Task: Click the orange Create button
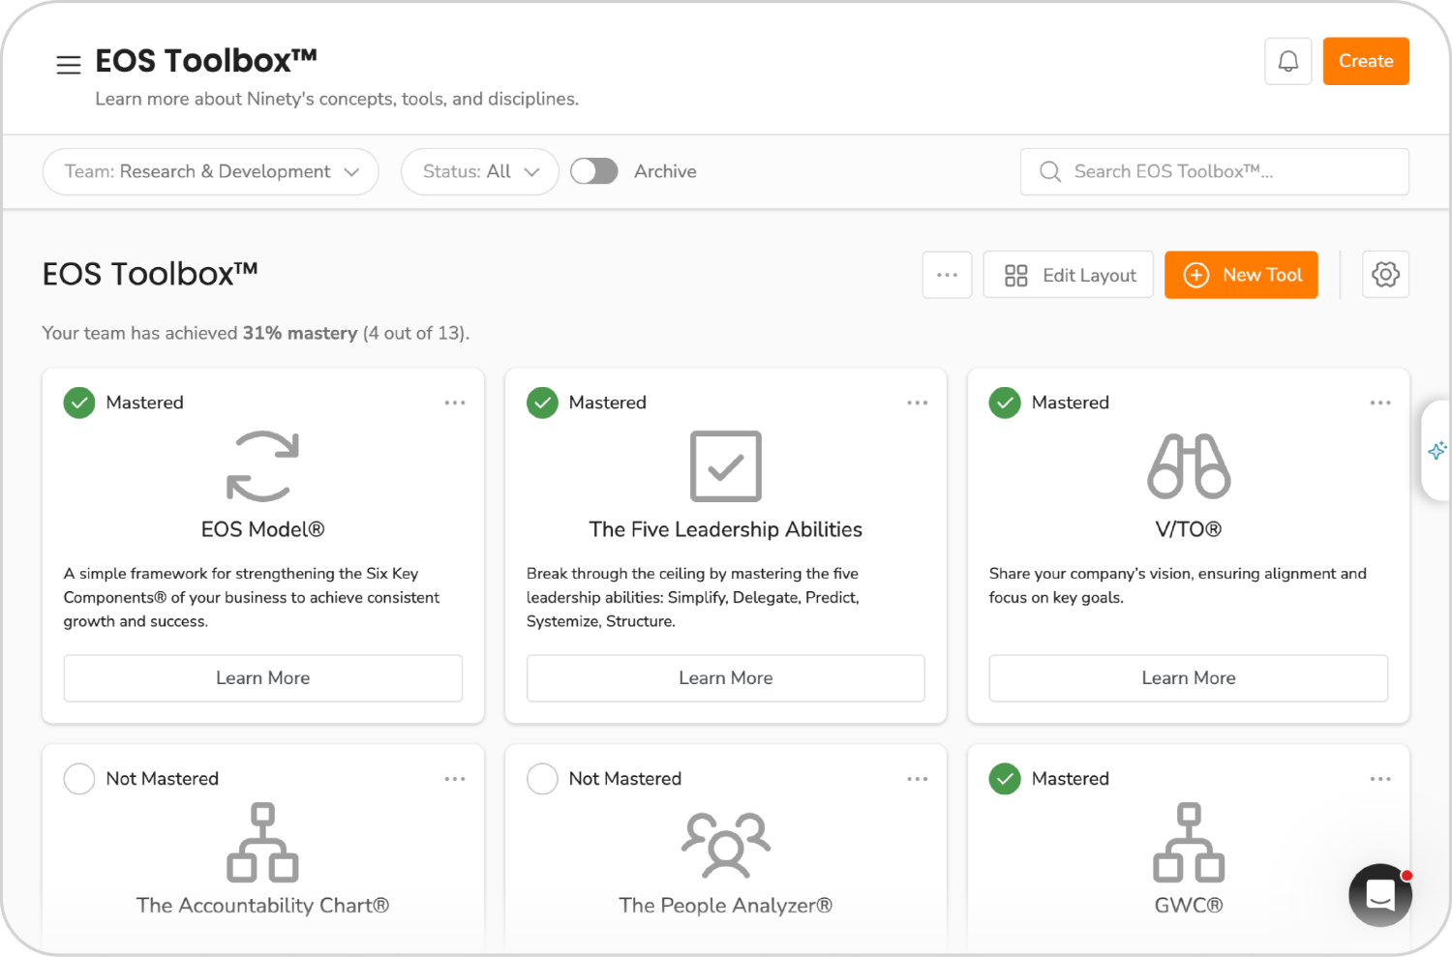[x=1366, y=61]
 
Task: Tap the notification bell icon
[x=1287, y=61]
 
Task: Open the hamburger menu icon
[x=68, y=65]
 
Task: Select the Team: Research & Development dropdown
[x=210, y=171]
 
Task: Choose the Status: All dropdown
[x=479, y=171]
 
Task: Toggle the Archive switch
[x=593, y=171]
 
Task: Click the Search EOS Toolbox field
[x=1214, y=171]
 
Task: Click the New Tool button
[x=1241, y=275]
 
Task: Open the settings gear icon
[x=1385, y=275]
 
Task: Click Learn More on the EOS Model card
[x=262, y=677]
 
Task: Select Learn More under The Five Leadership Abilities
[x=725, y=677]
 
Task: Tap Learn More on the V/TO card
[x=1188, y=677]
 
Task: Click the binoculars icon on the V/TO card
[x=1189, y=466]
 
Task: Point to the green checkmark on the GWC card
[x=1005, y=778]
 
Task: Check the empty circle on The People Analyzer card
[x=542, y=778]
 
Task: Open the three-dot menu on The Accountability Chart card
[x=455, y=778]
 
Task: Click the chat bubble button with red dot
[x=1380, y=895]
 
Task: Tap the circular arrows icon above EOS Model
[x=262, y=466]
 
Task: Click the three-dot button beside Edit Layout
[x=947, y=275]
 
